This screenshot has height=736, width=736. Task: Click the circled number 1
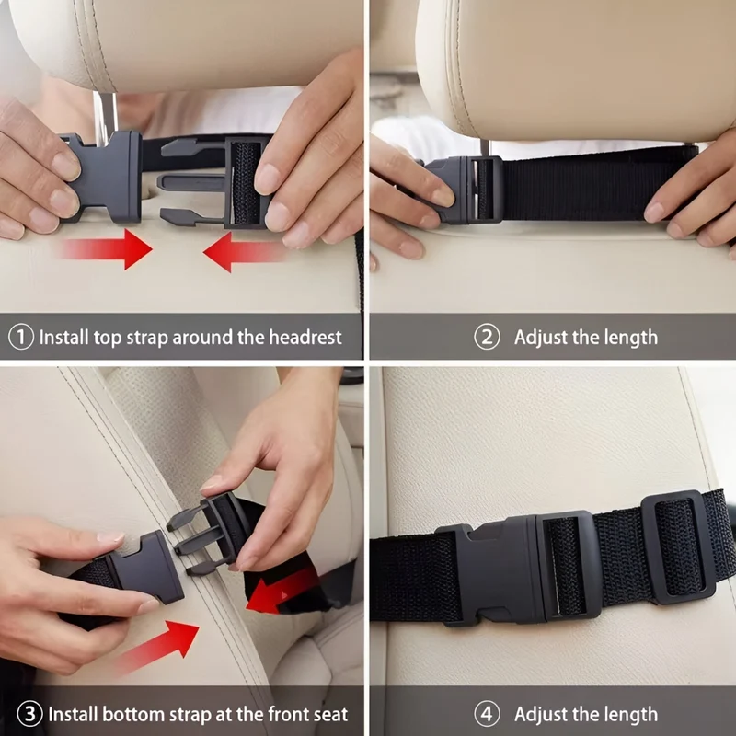[x=21, y=337]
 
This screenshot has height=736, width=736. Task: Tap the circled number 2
[x=487, y=337]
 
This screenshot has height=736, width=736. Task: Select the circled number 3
[x=29, y=714]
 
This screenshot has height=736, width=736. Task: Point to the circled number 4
[x=487, y=714]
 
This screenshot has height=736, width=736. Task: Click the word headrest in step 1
[x=305, y=337]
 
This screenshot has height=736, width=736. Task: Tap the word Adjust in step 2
[x=541, y=338]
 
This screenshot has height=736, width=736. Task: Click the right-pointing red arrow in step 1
[x=106, y=248]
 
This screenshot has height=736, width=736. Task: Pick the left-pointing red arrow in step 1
[x=244, y=252]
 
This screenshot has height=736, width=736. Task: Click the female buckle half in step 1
[x=104, y=177]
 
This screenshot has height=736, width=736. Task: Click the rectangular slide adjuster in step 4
[x=678, y=546]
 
